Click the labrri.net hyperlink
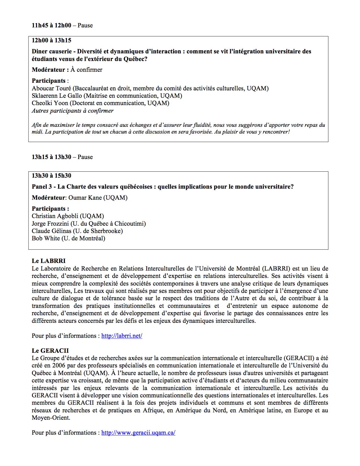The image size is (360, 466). click(122, 336)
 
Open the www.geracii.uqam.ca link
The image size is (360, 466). click(138, 433)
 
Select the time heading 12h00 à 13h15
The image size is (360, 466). click(51, 40)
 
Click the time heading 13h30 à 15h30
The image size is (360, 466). click(51, 176)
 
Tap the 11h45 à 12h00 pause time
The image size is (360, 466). click(51, 25)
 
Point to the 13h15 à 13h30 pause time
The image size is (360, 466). click(51, 157)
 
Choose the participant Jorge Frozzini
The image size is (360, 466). click(49, 224)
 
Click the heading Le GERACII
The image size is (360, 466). click(50, 351)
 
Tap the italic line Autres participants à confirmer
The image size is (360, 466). click(73, 111)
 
